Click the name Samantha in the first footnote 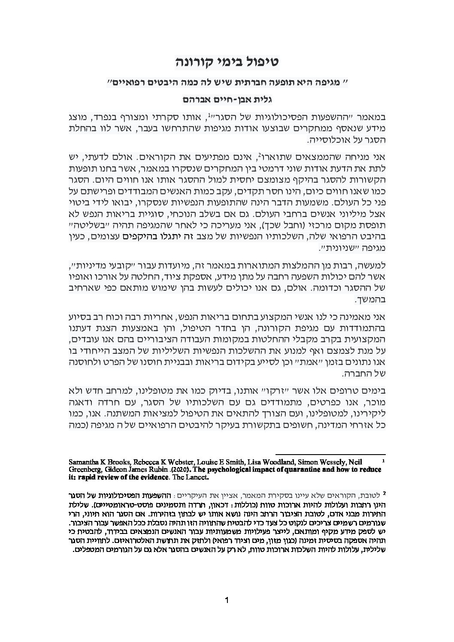coord(84,462)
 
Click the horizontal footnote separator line coord(330,454)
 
